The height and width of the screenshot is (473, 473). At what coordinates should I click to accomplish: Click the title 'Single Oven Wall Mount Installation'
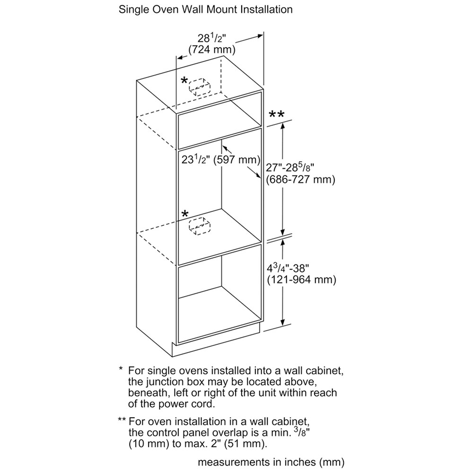[205, 9]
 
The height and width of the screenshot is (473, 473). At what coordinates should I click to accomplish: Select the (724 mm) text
[212, 50]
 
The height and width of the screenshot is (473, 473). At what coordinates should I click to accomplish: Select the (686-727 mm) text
[300, 179]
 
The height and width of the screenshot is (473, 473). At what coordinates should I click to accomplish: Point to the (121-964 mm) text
[301, 280]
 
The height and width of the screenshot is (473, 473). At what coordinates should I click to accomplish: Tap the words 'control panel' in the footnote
[186, 432]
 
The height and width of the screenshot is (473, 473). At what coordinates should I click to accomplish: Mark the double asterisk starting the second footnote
[122, 420]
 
